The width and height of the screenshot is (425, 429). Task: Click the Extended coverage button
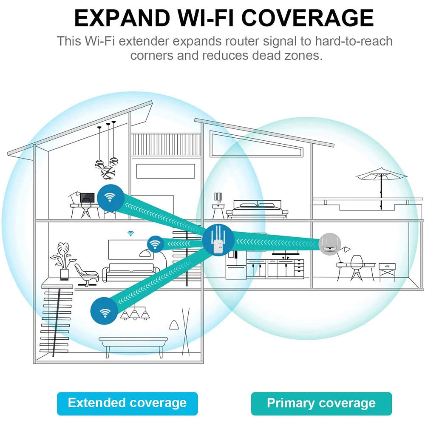pyautogui.click(x=127, y=403)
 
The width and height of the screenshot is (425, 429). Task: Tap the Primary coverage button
pyautogui.click(x=321, y=403)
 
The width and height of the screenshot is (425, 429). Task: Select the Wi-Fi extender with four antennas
pyautogui.click(x=218, y=241)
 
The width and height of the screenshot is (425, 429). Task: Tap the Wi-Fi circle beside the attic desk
pyautogui.click(x=110, y=197)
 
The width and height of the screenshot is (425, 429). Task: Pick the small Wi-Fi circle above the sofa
pyautogui.click(x=156, y=244)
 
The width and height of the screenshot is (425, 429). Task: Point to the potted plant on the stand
pyautogui.click(x=61, y=259)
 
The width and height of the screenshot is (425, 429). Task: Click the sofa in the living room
pyautogui.click(x=130, y=272)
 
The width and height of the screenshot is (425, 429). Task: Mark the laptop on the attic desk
pyautogui.click(x=87, y=198)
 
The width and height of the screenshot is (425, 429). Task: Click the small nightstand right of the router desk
pyautogui.click(x=387, y=270)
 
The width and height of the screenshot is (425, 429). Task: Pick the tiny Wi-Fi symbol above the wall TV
pyautogui.click(x=130, y=233)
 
